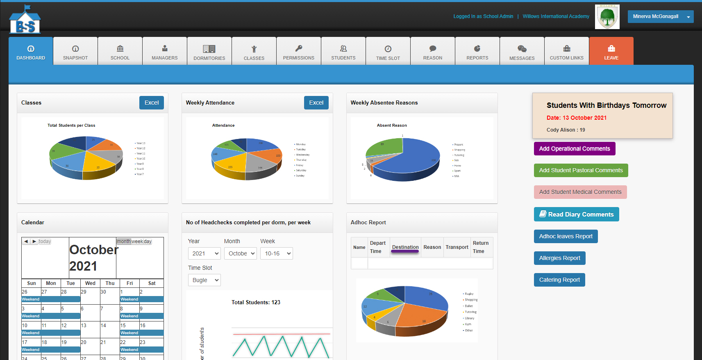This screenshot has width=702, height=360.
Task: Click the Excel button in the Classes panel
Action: coord(152,103)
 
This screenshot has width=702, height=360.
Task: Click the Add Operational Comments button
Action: coord(574,149)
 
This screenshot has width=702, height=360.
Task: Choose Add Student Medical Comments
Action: coord(580,192)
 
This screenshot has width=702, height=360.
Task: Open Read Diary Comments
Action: coord(576,214)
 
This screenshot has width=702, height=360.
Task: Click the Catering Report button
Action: coord(559,280)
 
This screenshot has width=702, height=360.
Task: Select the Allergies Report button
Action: coord(559,258)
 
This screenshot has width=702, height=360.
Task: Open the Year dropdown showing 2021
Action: coord(204,253)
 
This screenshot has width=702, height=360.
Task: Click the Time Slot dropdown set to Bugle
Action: coord(204,280)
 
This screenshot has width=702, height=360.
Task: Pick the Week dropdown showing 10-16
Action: coord(276,253)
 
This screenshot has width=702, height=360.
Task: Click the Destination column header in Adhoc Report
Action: coord(405,247)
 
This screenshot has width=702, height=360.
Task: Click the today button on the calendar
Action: coord(45,242)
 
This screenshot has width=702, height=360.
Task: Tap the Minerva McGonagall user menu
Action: coord(660,16)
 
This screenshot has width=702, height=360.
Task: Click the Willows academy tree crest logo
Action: coord(607,17)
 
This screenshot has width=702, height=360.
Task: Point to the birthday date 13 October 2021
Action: coord(576,118)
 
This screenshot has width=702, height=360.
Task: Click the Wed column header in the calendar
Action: coord(90,283)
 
